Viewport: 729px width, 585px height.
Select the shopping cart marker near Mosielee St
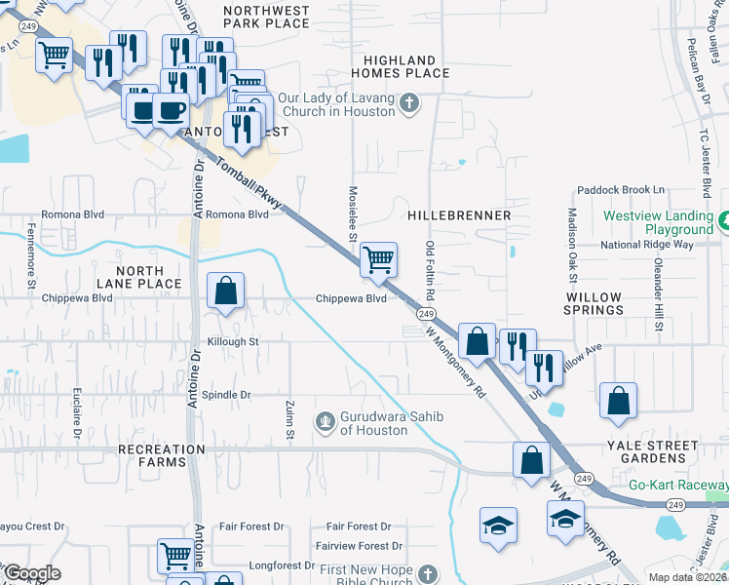click(x=378, y=259)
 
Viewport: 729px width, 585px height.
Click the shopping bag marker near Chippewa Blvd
click(x=225, y=291)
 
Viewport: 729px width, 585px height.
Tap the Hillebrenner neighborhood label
click(x=459, y=214)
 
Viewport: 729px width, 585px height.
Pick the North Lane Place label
click(x=148, y=276)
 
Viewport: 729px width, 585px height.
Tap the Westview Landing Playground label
click(x=659, y=222)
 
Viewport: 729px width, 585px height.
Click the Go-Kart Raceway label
click(x=677, y=485)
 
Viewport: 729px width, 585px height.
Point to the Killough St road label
click(x=233, y=342)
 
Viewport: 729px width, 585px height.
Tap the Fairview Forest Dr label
click(x=353, y=546)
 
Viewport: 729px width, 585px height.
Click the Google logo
click(x=31, y=573)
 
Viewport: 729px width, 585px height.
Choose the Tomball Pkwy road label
click(x=248, y=183)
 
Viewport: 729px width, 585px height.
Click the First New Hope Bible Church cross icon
click(x=427, y=571)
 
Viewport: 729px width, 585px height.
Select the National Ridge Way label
click(x=646, y=245)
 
